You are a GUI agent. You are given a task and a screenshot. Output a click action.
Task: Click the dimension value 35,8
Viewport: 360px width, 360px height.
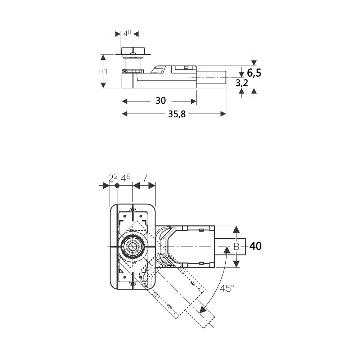pos(177,114)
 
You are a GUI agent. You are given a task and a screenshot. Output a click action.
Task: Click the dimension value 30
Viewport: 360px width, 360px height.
pos(161,100)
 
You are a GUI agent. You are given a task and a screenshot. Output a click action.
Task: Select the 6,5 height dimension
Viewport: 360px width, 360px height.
pos(254,73)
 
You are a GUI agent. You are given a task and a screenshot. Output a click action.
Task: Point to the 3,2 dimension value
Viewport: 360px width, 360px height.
pos(242,83)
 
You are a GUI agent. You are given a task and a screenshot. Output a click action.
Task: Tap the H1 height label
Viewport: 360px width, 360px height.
pos(103,71)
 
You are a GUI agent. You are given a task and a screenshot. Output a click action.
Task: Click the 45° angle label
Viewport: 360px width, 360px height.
pos(227,288)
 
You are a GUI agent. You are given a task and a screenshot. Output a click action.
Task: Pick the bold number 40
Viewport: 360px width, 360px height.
pos(256,246)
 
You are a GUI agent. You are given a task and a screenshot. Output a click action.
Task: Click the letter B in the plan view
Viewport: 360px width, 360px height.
pos(236,247)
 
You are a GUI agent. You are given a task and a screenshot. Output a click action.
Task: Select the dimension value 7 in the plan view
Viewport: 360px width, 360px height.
pos(145,178)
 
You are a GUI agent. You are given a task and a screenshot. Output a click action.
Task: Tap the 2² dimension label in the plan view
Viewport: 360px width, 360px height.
pos(113,178)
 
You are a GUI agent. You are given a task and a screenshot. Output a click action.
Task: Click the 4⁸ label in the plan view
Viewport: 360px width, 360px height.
pos(126,178)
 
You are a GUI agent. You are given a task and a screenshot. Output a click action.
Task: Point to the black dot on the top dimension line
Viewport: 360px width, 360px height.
pos(117,186)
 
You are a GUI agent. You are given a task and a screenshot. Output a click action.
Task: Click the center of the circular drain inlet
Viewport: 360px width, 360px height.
pos(132,247)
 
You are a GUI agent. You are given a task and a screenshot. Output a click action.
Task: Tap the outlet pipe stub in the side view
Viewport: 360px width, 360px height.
pos(211,77)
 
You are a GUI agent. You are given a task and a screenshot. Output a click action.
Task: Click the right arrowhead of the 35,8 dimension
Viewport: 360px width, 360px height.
pos(223,114)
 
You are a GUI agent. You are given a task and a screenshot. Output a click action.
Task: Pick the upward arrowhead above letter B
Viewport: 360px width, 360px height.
pos(237,229)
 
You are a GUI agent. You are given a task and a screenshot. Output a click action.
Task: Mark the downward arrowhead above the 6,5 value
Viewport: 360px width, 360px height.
pos(254,63)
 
